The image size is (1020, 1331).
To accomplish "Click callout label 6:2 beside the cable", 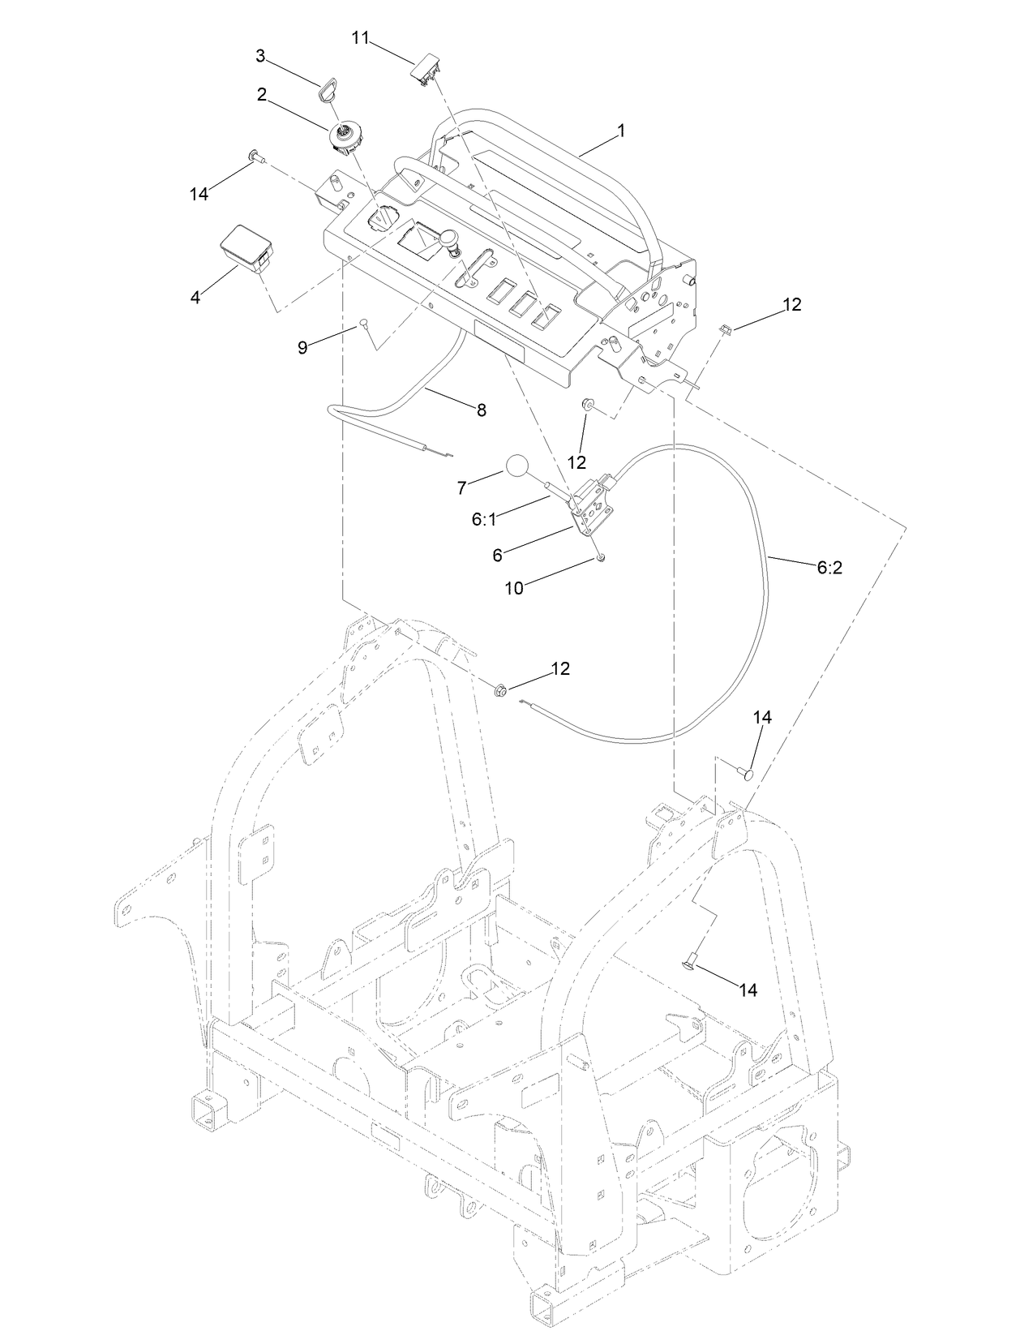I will [829, 568].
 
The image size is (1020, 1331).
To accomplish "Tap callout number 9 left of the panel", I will [302, 347].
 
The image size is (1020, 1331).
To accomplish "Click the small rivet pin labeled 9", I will [364, 324].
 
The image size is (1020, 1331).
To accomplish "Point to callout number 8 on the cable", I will [481, 410].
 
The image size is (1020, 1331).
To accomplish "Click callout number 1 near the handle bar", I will [621, 130].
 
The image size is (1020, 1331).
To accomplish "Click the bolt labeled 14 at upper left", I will [256, 156].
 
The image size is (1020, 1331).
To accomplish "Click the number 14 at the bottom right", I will [748, 990].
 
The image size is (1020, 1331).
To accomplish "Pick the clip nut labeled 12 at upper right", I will [726, 328].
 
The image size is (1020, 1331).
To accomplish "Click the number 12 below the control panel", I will [576, 462].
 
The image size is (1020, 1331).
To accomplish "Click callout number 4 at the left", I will [195, 298].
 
